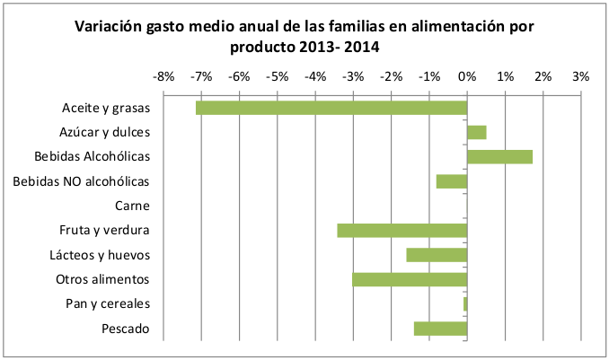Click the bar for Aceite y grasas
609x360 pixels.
point(331,108)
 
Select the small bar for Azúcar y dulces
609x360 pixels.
point(477,132)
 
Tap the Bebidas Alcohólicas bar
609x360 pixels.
point(499,157)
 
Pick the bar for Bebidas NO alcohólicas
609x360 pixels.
point(452,181)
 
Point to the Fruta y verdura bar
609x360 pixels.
point(402,231)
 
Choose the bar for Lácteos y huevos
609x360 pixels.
point(437,255)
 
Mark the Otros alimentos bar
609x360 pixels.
point(410,279)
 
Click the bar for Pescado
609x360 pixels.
point(440,329)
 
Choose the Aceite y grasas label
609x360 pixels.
point(105,109)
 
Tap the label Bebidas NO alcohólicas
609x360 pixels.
point(82,182)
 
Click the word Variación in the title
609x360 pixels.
point(110,27)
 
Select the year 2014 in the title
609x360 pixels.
point(360,47)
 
